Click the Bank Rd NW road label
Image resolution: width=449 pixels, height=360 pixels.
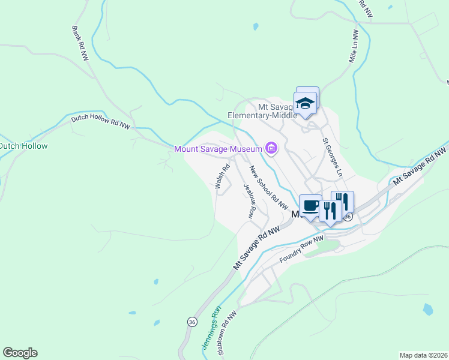coord(80,43)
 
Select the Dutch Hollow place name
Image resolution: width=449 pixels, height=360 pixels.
coord(23,146)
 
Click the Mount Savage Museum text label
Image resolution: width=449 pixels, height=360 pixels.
coord(218,149)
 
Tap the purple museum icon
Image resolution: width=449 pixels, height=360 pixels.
coord(271,148)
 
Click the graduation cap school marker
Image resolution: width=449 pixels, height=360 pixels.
coord(305,102)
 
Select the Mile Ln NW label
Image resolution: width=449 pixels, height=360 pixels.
coord(354,47)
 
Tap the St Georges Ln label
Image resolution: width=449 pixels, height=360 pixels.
coord(333,157)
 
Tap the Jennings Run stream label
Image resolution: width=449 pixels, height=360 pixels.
coord(209,329)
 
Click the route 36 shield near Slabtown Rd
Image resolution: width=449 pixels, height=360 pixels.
coord(191,322)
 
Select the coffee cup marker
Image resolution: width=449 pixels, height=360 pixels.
coord(310,206)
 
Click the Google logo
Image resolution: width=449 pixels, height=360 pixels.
coord(20,353)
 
